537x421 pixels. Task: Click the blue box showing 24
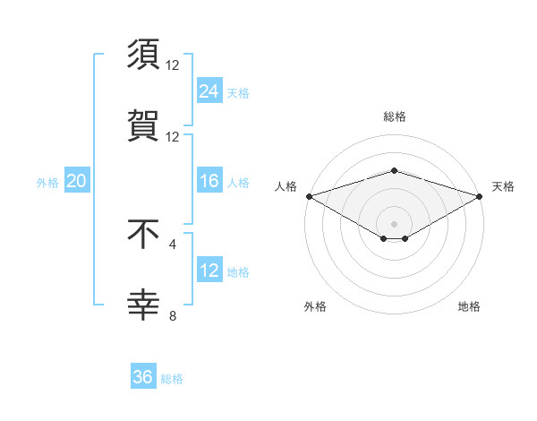(x=209, y=90)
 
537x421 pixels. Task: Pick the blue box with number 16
(x=209, y=182)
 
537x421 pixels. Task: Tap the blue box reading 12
(x=209, y=271)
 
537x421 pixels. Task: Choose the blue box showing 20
(x=77, y=182)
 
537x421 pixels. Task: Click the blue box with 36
(x=143, y=378)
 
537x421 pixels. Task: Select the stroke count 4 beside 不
(x=173, y=243)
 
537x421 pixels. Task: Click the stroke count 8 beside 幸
(x=173, y=315)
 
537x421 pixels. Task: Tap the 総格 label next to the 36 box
(x=172, y=379)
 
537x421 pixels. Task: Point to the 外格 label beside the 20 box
(x=47, y=183)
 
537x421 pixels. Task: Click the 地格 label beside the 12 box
(x=238, y=272)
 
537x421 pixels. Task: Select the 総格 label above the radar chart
(x=394, y=116)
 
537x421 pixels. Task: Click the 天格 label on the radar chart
(x=503, y=186)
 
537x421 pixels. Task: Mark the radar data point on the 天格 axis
(x=481, y=195)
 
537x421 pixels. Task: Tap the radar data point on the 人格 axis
(x=308, y=195)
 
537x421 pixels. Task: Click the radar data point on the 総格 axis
(x=394, y=170)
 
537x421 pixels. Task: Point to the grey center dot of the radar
(x=394, y=223)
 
